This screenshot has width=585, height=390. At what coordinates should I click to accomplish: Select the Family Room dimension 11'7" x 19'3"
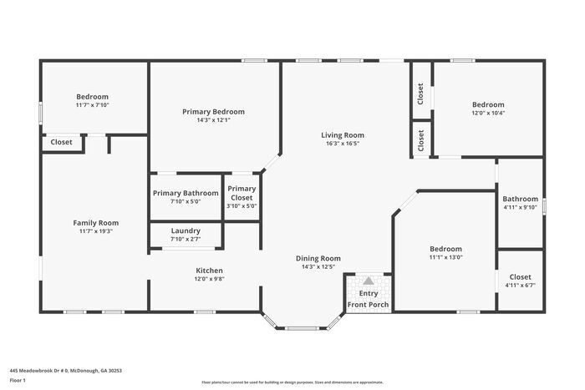tap(95, 231)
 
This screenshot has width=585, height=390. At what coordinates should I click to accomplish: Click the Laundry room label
tap(186, 230)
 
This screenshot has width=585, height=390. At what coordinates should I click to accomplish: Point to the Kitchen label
tap(209, 270)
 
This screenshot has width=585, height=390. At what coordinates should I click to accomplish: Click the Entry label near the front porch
tap(368, 293)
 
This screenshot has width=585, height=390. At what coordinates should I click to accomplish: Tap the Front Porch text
tap(368, 304)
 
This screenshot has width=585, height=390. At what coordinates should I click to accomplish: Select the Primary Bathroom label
tap(186, 193)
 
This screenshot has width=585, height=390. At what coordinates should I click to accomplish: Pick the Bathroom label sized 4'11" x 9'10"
tap(520, 199)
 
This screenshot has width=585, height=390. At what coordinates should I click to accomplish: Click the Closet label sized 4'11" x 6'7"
tap(520, 276)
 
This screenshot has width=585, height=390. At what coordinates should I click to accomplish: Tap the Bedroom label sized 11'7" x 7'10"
tap(92, 96)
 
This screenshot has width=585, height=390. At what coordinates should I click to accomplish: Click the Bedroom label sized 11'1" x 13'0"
tap(445, 249)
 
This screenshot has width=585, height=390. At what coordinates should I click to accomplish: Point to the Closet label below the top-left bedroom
tap(61, 142)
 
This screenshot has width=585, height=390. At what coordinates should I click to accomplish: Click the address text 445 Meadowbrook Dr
tap(66, 370)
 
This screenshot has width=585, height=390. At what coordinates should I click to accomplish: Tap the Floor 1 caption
tap(18, 380)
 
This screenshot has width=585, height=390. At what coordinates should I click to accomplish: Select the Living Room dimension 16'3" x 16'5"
tap(343, 144)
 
